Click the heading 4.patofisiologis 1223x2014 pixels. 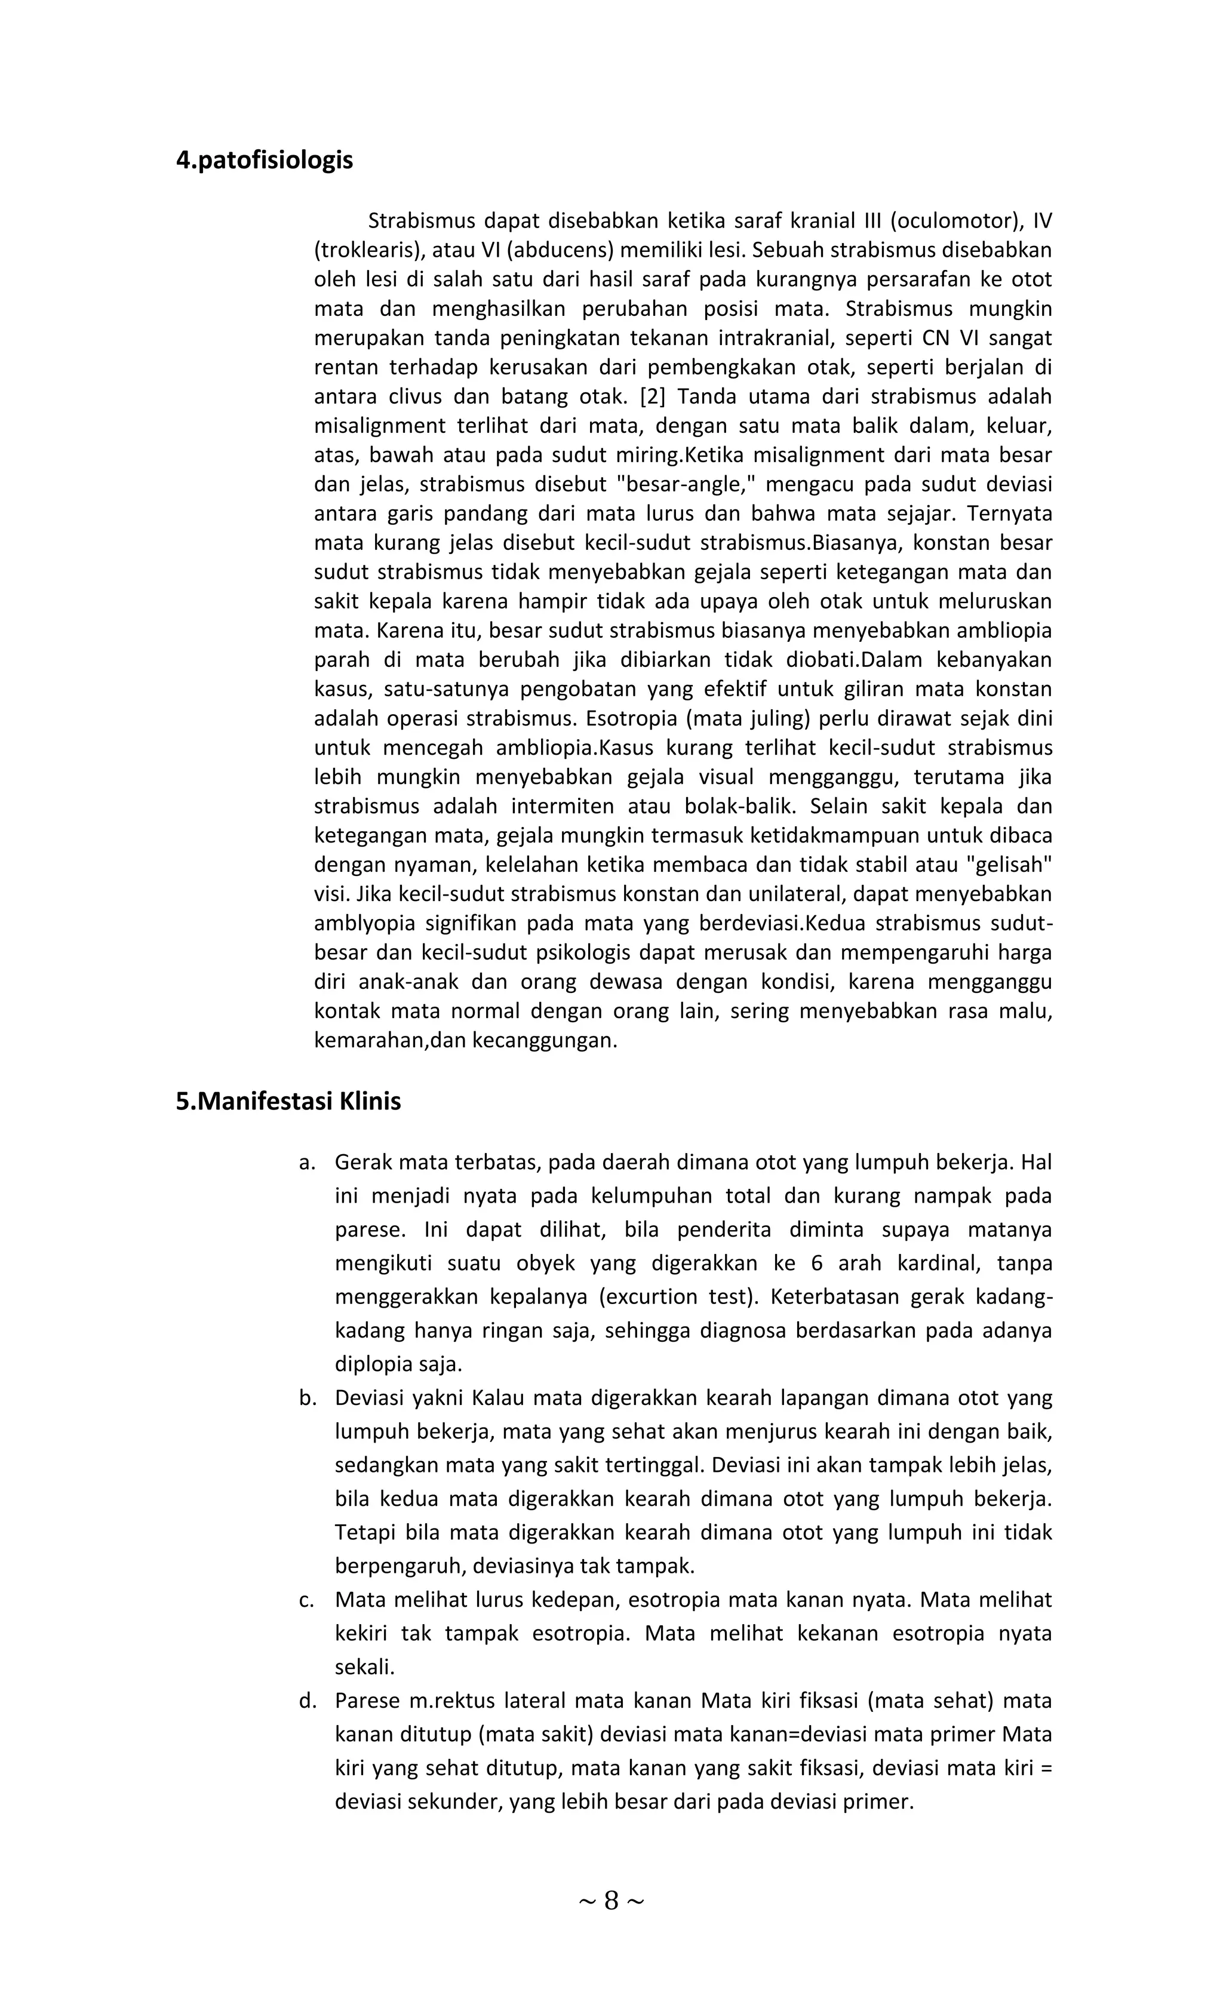(x=264, y=160)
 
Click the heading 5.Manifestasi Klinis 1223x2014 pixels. (x=288, y=1101)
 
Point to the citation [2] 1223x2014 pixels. (x=652, y=396)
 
